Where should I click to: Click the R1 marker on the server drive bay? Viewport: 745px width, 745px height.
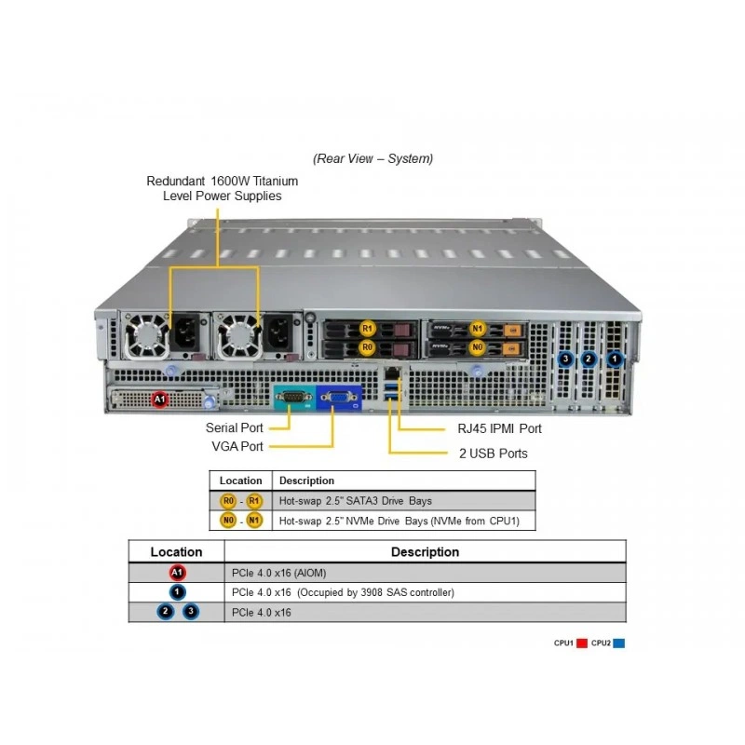pos(367,329)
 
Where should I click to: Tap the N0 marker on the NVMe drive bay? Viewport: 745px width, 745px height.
pos(477,347)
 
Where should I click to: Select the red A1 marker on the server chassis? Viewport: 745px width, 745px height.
pos(159,400)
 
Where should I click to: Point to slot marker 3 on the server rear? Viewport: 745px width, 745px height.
pos(565,359)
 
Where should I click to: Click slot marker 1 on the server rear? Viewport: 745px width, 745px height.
pos(615,359)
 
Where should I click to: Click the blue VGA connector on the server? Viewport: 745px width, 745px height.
pos(339,398)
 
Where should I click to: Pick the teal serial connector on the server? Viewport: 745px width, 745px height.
pos(294,398)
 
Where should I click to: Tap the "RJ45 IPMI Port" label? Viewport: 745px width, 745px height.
pos(499,428)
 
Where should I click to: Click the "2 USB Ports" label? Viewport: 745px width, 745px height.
pos(494,454)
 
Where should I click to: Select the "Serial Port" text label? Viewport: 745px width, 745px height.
pos(235,427)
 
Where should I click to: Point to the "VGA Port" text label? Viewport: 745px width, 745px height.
pos(237,446)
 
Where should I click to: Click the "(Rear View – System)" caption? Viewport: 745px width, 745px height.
pos(373,158)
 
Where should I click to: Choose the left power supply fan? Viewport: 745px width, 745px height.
pos(146,336)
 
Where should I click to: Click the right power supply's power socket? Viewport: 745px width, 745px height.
pos(278,332)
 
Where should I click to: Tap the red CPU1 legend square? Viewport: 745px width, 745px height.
pos(581,643)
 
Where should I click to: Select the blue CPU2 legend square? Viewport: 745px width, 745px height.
pos(618,643)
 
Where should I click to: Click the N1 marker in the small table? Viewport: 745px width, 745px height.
pos(254,521)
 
